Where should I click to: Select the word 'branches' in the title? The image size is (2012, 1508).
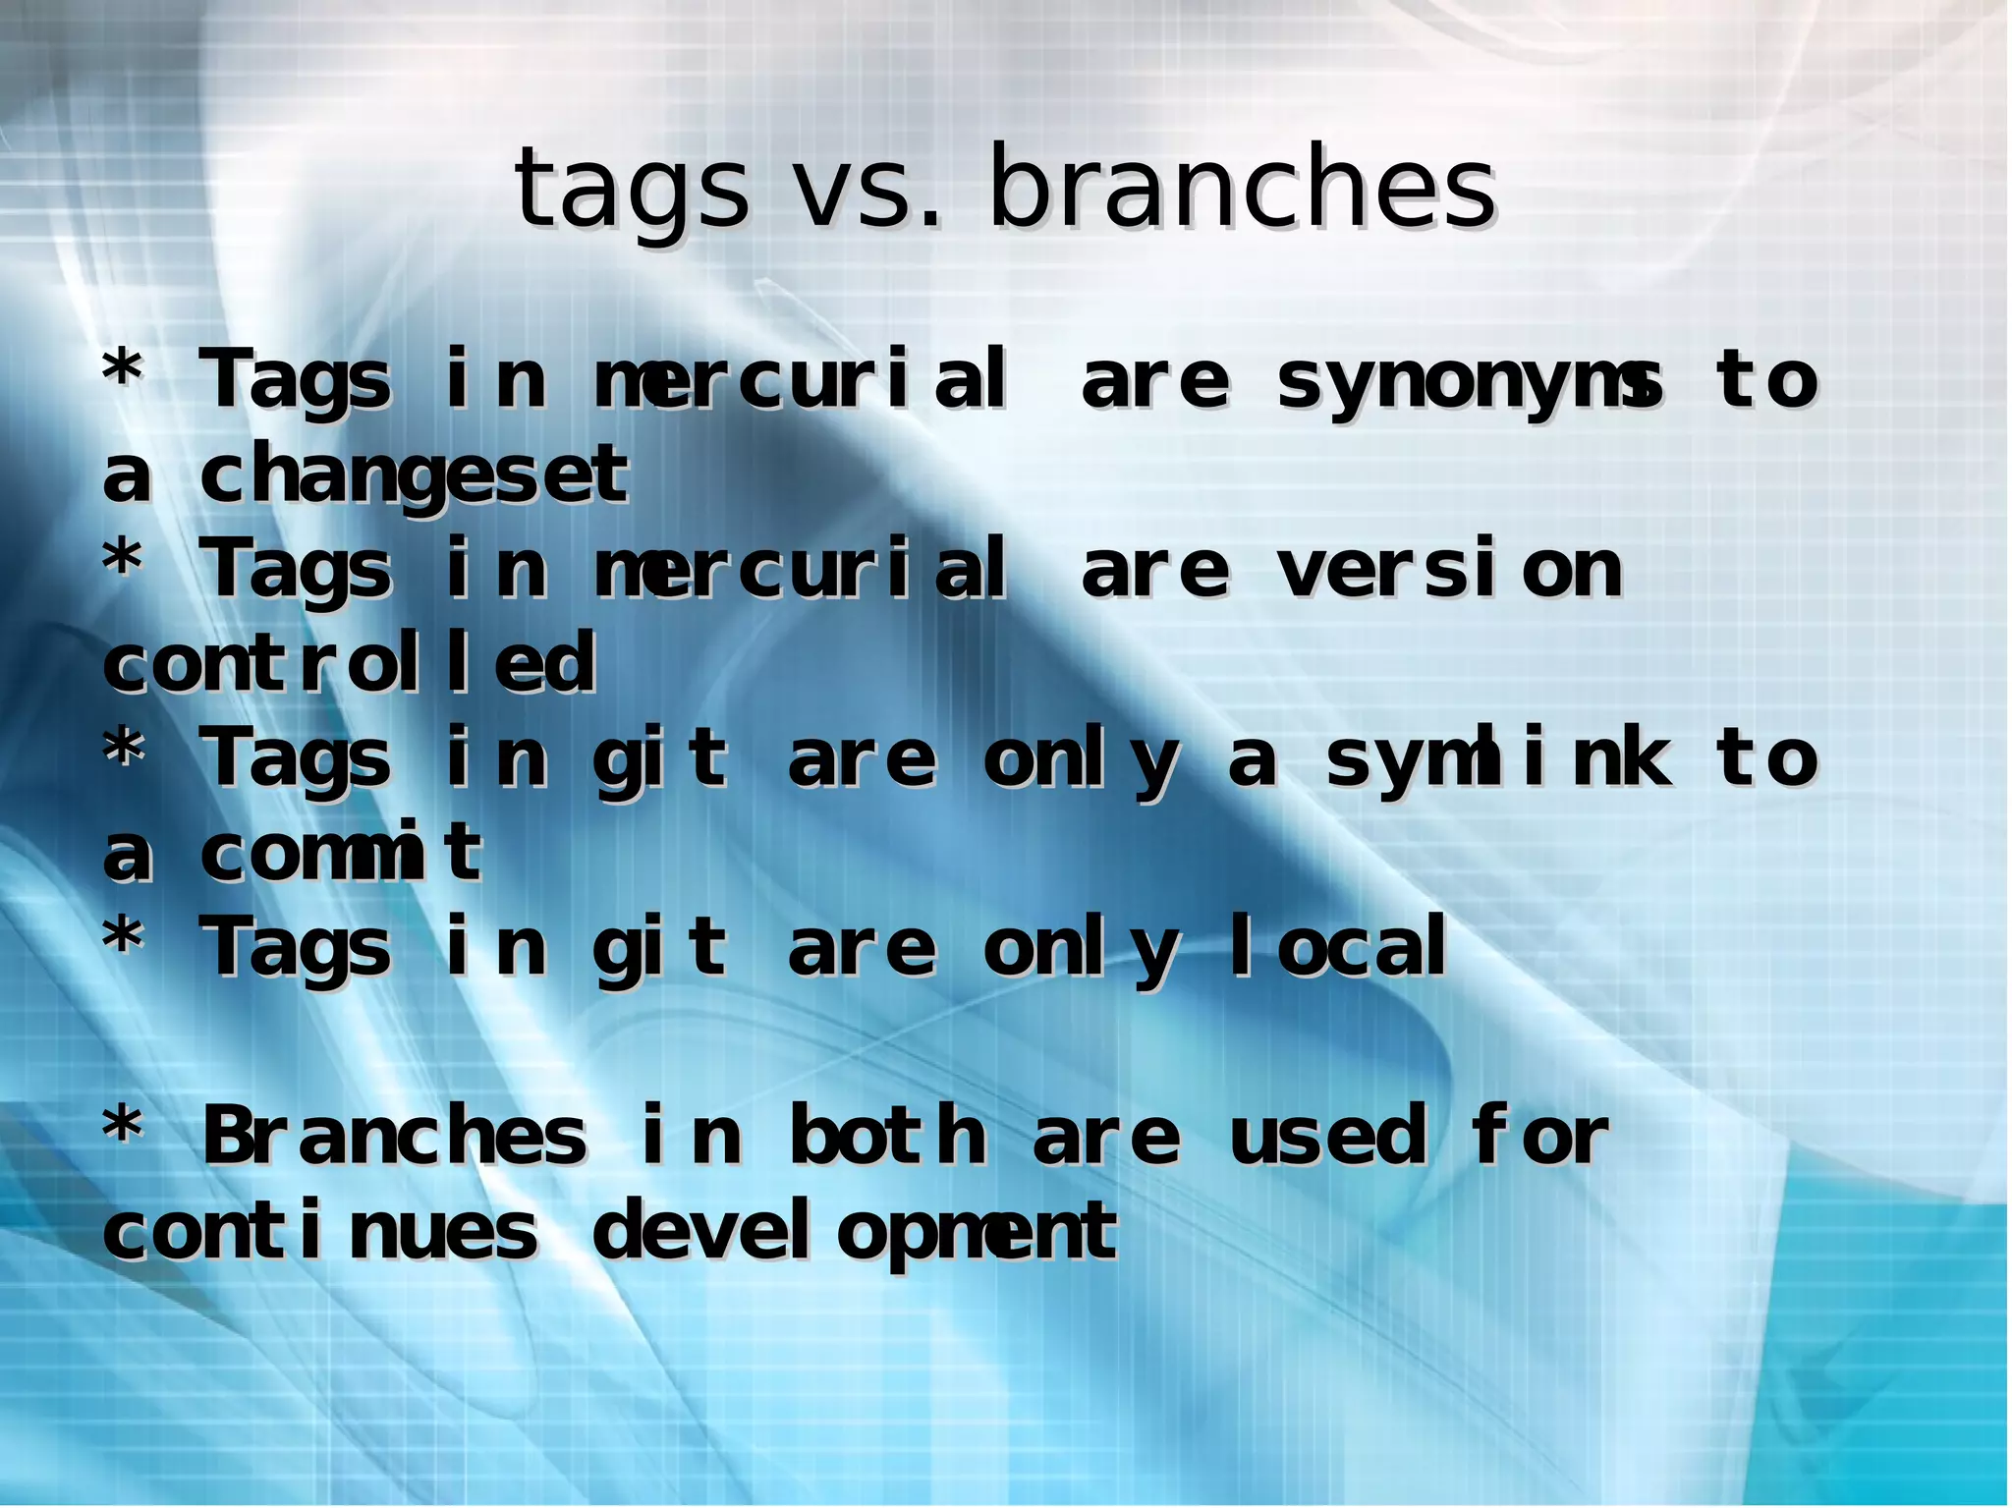tap(1242, 187)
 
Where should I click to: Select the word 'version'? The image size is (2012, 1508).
tap(1450, 571)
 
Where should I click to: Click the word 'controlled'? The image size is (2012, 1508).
tap(350, 664)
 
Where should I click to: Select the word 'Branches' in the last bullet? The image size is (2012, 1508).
tap(394, 1137)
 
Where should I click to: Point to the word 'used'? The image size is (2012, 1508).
tap(1326, 1137)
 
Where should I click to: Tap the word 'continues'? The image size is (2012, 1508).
tap(320, 1232)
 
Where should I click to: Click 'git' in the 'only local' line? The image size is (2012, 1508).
tap(660, 949)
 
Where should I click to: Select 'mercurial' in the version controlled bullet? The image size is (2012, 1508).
tap(800, 571)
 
